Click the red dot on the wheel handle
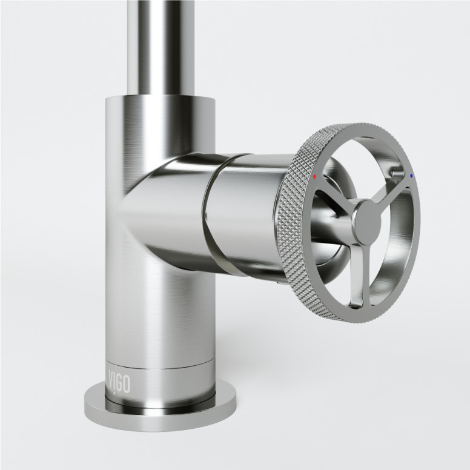click(315, 177)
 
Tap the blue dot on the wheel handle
click(412, 176)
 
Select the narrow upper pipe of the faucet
click(161, 42)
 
